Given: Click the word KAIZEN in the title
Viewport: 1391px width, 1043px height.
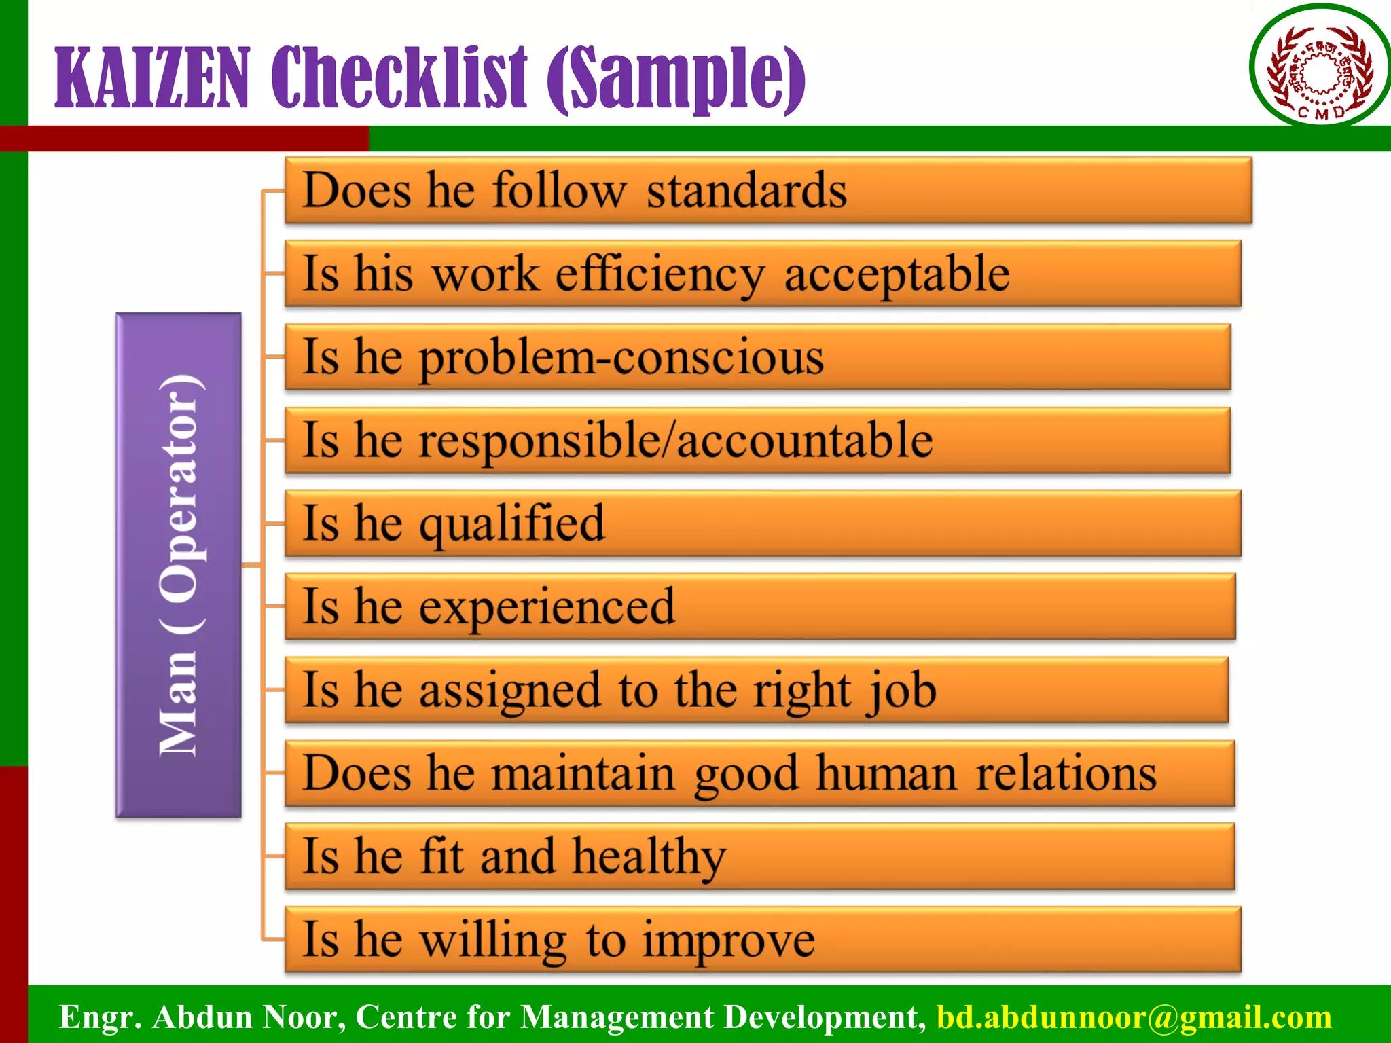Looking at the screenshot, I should (152, 78).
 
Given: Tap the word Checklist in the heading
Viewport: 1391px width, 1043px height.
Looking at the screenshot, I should (399, 78).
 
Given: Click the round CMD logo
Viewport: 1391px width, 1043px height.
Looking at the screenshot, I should (1320, 66).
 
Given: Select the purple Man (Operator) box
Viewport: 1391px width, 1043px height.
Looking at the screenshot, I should (179, 564).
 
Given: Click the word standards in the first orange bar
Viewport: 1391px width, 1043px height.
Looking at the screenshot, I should (746, 191).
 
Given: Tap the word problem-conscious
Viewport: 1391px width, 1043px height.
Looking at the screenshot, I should (621, 358).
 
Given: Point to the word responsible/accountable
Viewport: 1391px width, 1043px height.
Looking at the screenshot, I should (675, 441).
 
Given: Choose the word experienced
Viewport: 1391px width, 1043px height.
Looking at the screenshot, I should (547, 606).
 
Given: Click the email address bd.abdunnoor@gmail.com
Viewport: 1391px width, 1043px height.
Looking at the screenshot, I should (1134, 1017).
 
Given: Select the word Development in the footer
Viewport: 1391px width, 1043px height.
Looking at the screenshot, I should (824, 1017).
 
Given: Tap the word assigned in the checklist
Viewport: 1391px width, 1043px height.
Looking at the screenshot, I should (509, 691).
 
